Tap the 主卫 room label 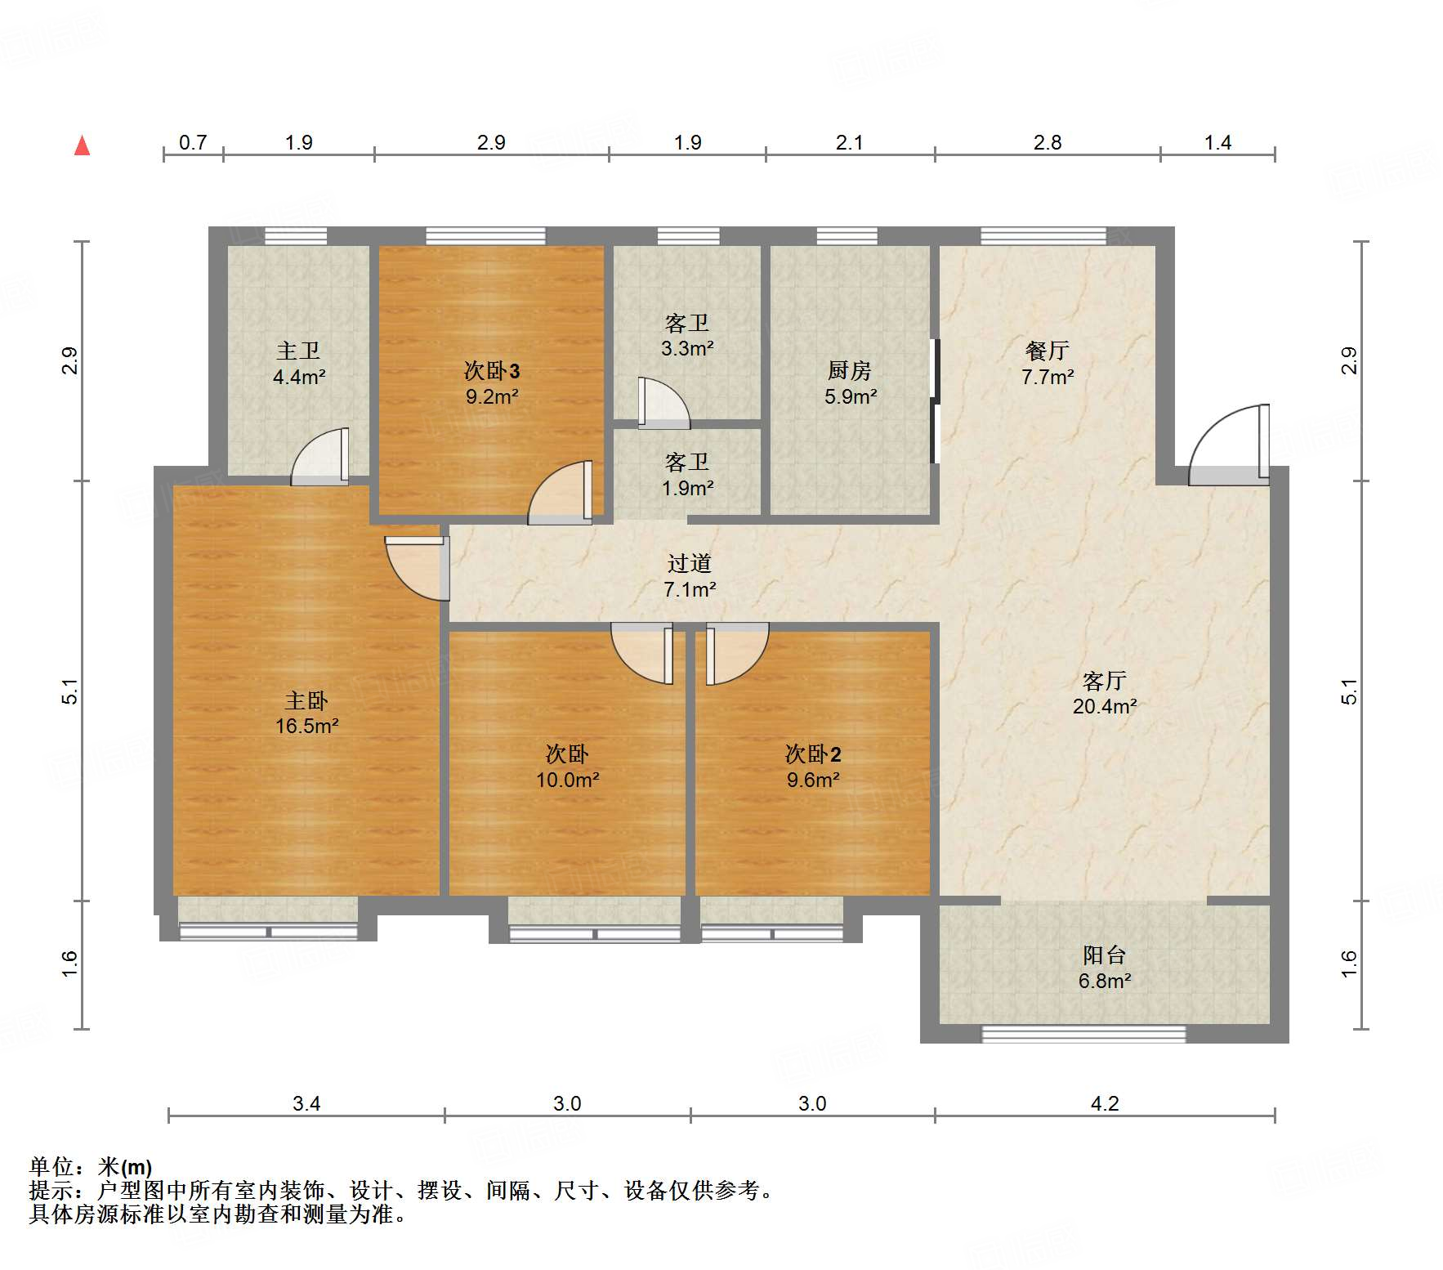coord(298,351)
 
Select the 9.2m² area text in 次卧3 coord(492,397)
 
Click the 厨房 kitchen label coord(850,370)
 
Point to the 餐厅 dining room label coord(1047,351)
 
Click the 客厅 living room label coord(1105,680)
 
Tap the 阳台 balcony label coord(1105,955)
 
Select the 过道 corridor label coord(690,563)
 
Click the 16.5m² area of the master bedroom coord(306,726)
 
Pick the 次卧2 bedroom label coord(813,754)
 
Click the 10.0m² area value coord(567,780)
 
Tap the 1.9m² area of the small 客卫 coord(687,489)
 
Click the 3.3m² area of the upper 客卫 coord(687,349)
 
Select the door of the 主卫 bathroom coord(320,456)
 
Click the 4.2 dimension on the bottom coord(1105,1104)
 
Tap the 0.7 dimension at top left coord(193,143)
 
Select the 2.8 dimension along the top coord(1047,143)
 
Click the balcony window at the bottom coord(1083,1035)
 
